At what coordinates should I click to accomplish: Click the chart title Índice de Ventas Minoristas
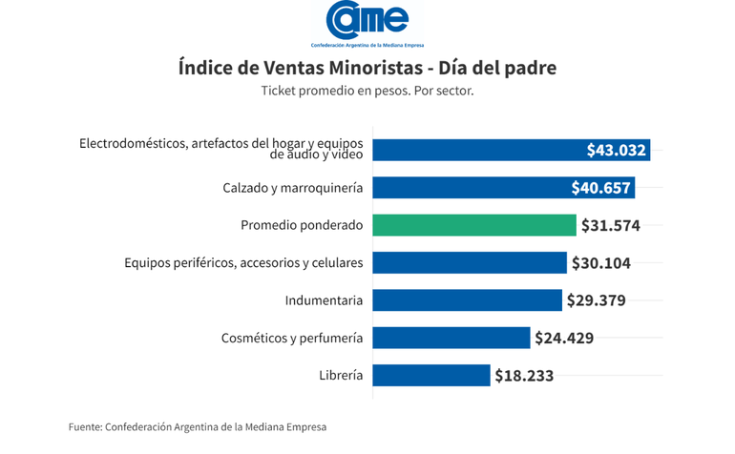(367, 69)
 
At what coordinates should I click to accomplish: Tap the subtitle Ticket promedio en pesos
(367, 91)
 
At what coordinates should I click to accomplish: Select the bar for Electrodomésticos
(477, 150)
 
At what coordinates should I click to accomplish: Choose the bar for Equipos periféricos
(469, 262)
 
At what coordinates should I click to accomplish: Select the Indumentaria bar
(467, 300)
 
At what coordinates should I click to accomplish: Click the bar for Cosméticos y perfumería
(451, 338)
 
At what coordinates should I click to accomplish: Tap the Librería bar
(430, 375)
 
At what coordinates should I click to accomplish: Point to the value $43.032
(617, 150)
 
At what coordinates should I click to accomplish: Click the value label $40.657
(601, 188)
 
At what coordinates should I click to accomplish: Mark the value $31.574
(611, 226)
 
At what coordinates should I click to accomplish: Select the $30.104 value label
(600, 263)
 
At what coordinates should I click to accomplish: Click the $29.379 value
(596, 300)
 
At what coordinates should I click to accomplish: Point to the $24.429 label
(564, 338)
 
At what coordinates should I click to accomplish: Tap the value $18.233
(524, 376)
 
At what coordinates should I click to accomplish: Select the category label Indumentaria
(324, 300)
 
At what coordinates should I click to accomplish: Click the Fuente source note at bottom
(197, 426)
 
